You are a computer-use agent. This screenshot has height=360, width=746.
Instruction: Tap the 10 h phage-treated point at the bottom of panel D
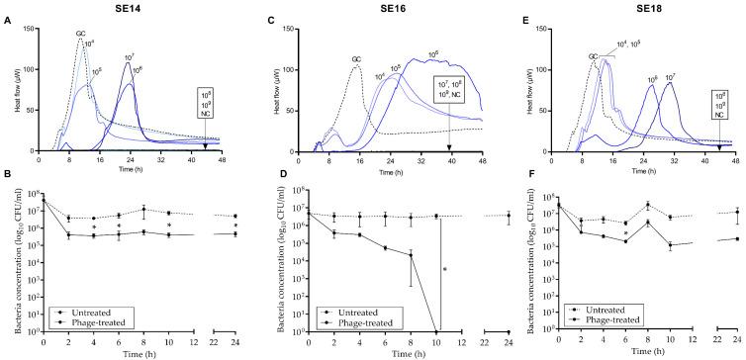point(436,332)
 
